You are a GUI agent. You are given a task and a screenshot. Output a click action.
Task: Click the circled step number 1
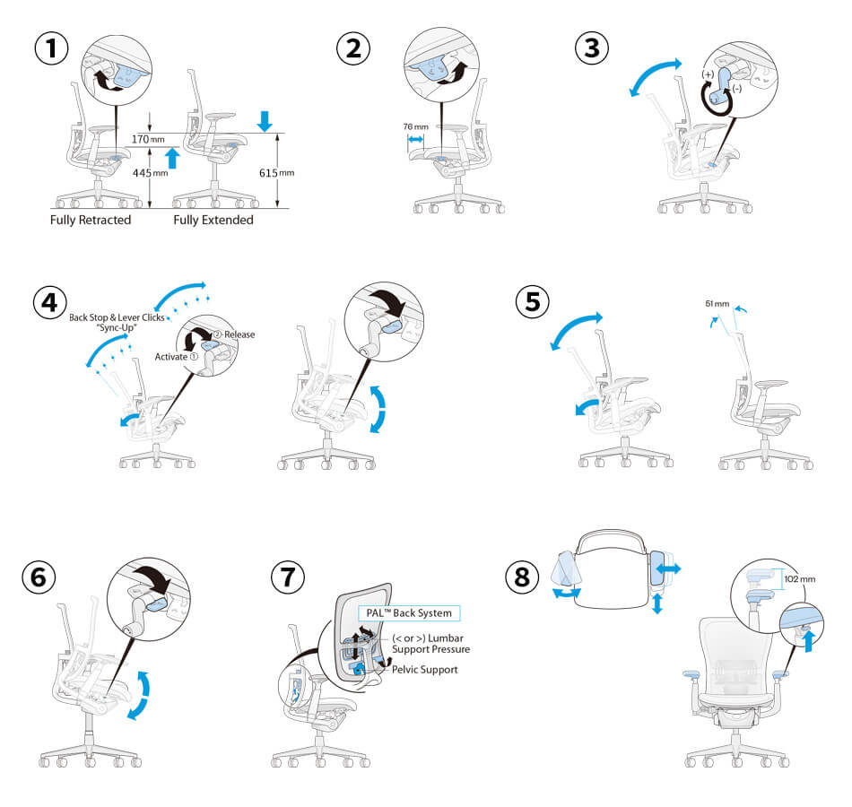[x=51, y=48]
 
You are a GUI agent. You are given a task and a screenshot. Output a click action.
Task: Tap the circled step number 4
[x=51, y=301]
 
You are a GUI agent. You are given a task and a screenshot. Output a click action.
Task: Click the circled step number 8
[x=524, y=577]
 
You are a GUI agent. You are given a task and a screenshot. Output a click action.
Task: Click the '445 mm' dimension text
[x=150, y=173]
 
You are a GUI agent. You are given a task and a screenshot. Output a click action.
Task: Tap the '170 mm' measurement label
[x=148, y=139]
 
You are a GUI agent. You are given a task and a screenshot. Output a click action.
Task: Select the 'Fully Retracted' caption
[x=91, y=220]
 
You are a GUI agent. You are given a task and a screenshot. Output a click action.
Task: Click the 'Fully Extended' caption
[x=213, y=220]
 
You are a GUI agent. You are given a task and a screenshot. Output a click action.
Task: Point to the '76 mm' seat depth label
[x=414, y=126]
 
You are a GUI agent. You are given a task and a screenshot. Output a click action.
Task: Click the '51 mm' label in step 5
[x=717, y=303]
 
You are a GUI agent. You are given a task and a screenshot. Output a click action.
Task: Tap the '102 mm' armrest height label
[x=800, y=578]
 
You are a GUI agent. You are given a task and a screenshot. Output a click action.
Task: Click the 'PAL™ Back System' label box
[x=409, y=613]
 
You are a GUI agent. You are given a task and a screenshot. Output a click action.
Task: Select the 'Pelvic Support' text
[x=426, y=669]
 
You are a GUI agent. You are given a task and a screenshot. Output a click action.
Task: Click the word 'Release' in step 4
[x=239, y=334]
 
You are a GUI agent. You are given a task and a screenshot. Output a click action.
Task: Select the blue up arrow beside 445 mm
[x=173, y=158]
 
